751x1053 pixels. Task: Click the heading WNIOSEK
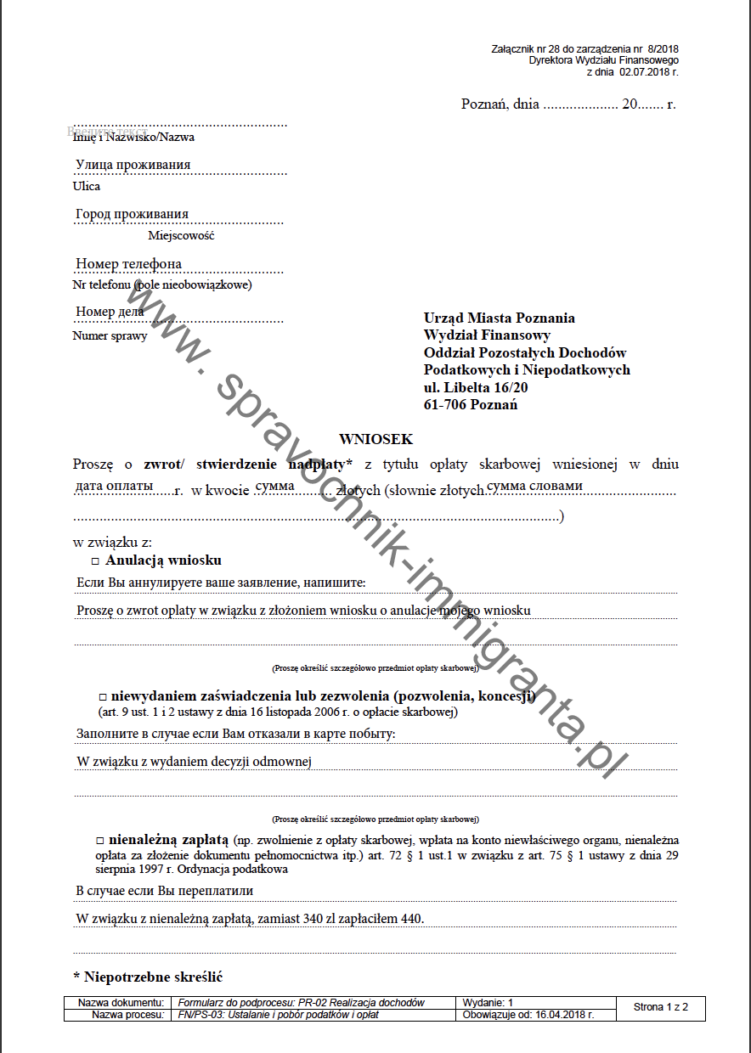coord(375,439)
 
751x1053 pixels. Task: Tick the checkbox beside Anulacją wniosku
coord(95,561)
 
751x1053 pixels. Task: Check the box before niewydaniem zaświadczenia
coord(102,697)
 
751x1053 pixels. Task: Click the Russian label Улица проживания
coord(133,165)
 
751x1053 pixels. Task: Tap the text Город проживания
coord(132,214)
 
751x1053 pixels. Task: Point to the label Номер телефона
coord(128,264)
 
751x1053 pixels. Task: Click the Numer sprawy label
coord(110,335)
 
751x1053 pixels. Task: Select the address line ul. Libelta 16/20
coord(476,387)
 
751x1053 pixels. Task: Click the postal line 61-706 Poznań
coord(471,405)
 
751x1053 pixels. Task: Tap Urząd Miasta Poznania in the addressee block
coord(499,318)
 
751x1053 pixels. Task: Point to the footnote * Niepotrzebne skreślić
coord(148,977)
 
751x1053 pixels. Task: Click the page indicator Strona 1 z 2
coord(660,1007)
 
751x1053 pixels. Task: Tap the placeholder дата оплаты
coord(114,486)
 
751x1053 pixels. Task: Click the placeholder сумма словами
coord(534,486)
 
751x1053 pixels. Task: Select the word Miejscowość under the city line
coord(181,235)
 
